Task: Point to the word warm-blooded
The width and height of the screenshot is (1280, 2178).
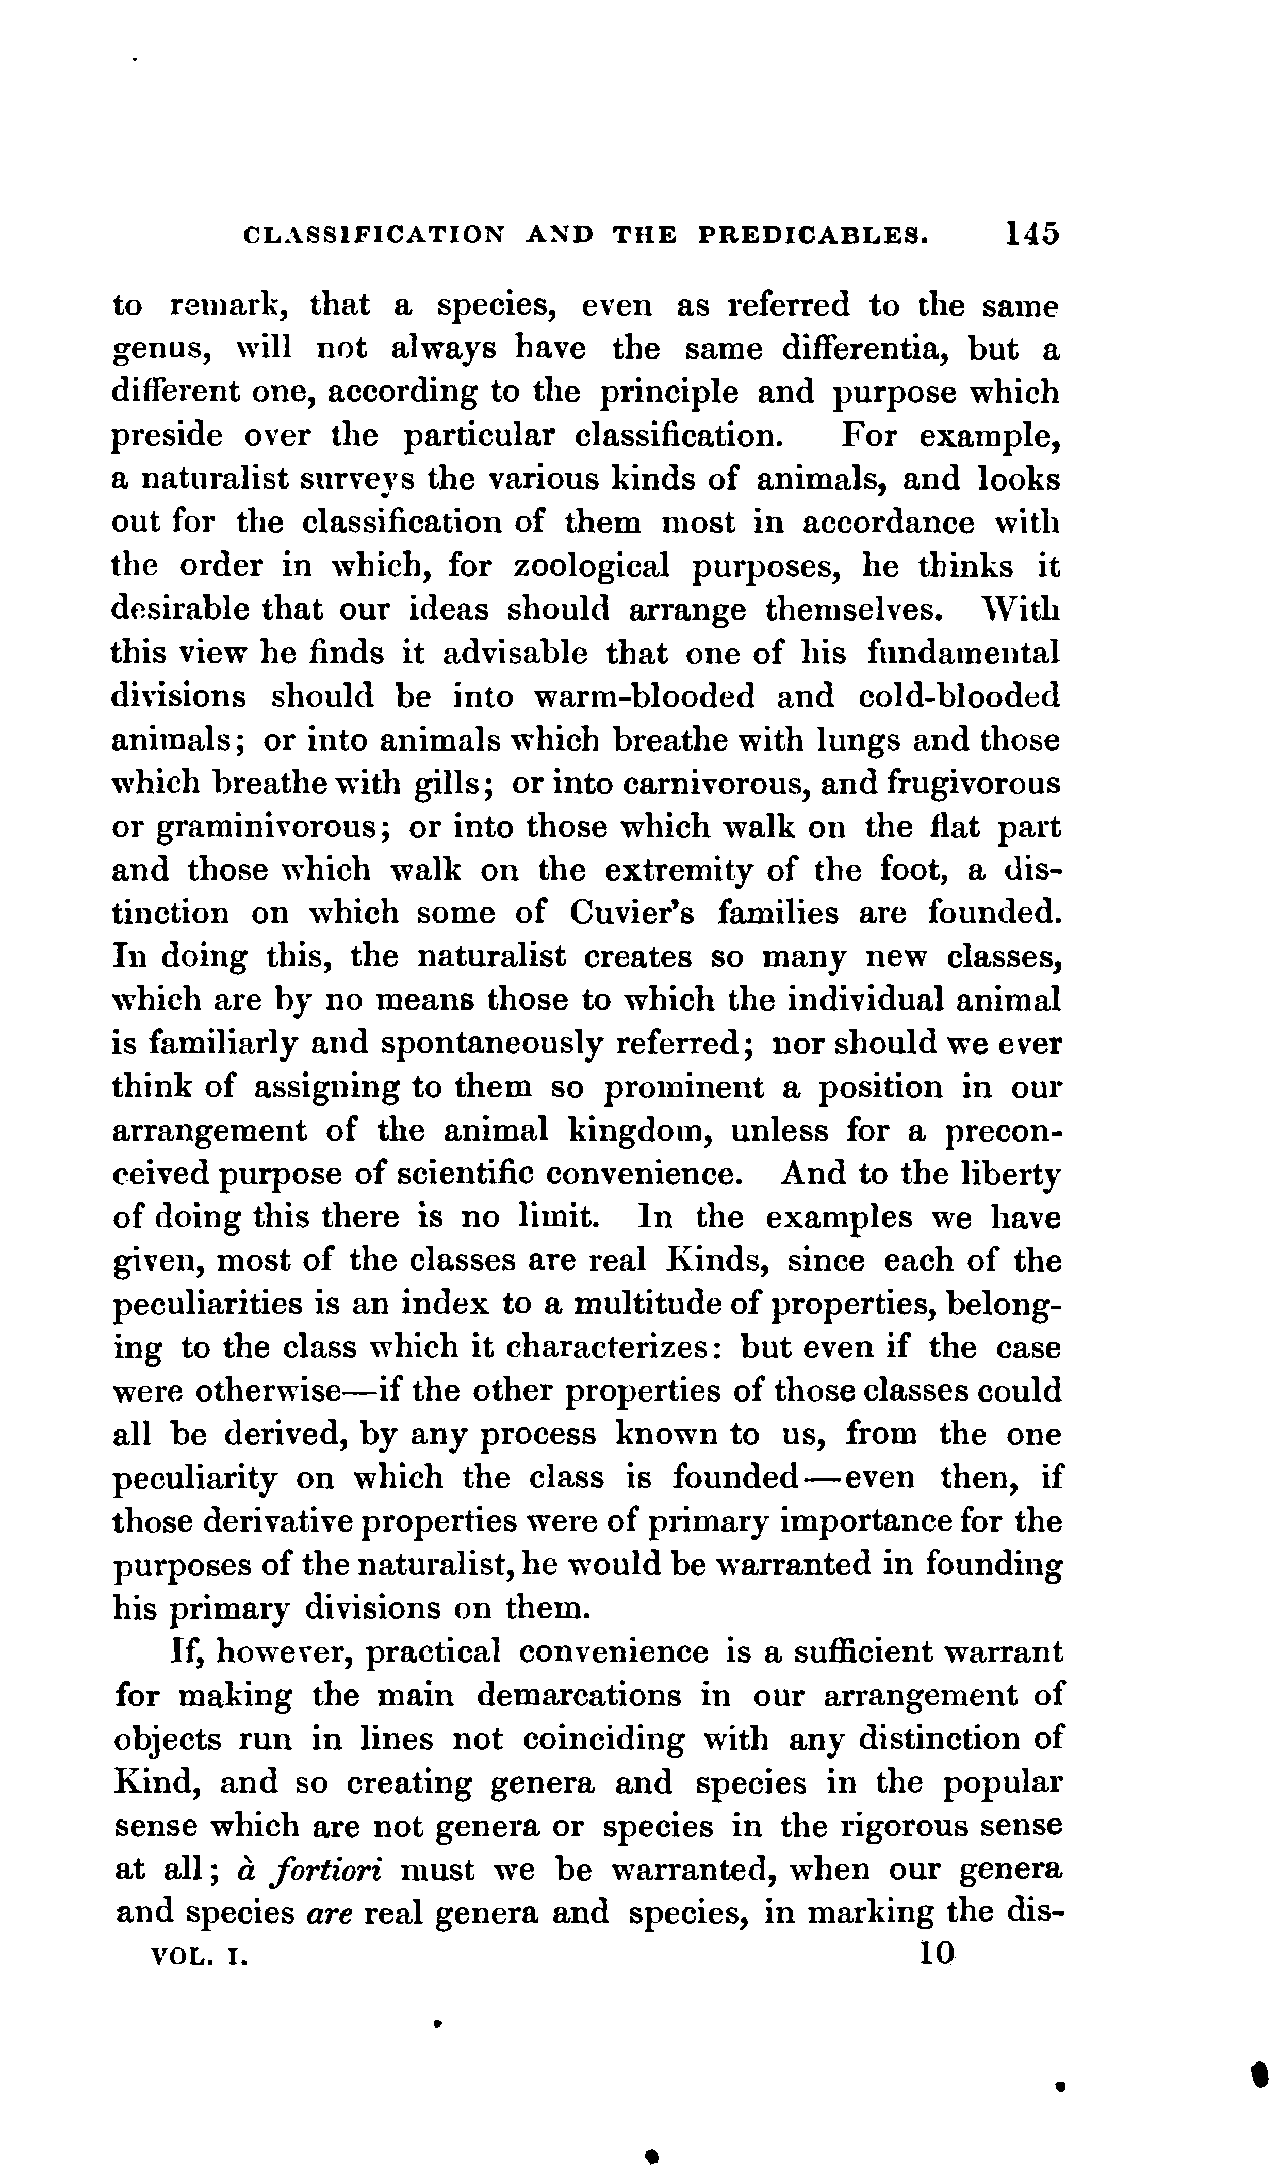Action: click(x=645, y=696)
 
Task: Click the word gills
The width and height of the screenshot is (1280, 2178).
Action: click(x=449, y=785)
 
